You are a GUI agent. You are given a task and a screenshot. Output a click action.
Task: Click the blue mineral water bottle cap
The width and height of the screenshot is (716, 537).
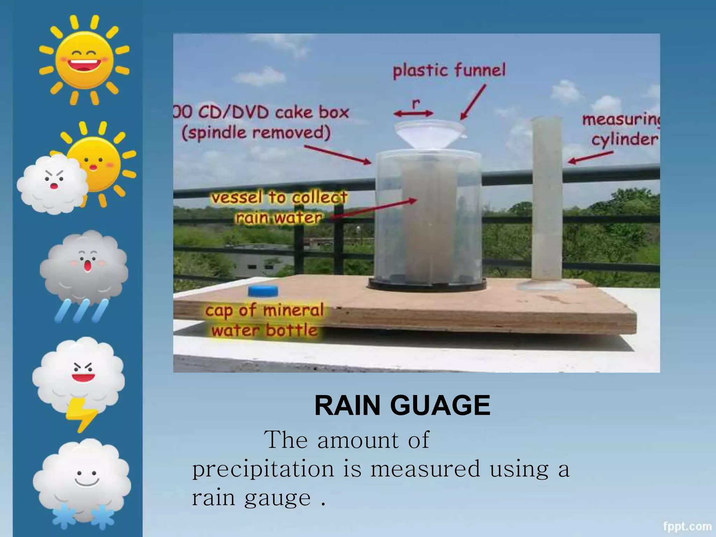click(263, 291)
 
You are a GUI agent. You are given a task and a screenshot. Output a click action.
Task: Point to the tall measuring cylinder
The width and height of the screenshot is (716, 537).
click(546, 203)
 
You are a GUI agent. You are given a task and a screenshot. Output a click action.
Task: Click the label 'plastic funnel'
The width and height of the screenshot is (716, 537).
click(449, 71)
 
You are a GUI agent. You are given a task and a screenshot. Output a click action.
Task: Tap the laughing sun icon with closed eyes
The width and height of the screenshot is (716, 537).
click(84, 59)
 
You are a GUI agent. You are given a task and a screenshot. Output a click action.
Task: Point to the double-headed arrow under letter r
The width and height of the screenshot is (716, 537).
click(414, 113)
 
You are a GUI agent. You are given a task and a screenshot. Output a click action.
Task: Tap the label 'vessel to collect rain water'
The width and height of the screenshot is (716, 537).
click(279, 208)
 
